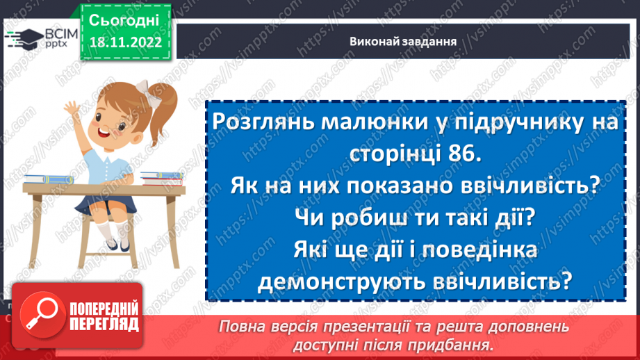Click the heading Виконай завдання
coord(403,40)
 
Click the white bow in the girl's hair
coord(143,86)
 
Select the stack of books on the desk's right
coord(161,179)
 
